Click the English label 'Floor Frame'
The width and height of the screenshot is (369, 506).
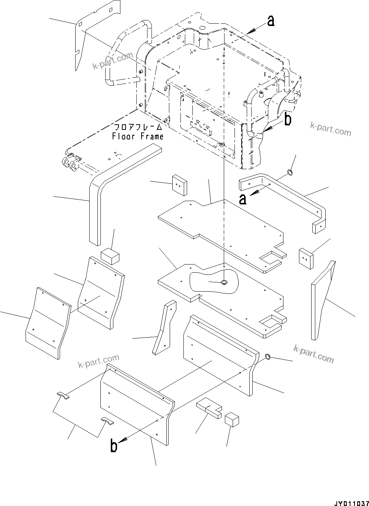pyautogui.click(x=138, y=137)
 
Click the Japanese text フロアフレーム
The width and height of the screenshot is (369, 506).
pyautogui.click(x=138, y=127)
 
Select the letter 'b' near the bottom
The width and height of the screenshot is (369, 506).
pyautogui.click(x=114, y=446)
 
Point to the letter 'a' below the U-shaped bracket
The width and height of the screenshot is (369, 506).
pyautogui.click(x=243, y=199)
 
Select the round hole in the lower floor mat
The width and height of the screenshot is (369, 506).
pyautogui.click(x=224, y=283)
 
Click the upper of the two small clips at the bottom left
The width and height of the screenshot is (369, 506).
pyautogui.click(x=63, y=395)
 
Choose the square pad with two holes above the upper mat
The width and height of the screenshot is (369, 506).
pyautogui.click(x=179, y=184)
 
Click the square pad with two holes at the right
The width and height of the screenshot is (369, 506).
pyautogui.click(x=306, y=259)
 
